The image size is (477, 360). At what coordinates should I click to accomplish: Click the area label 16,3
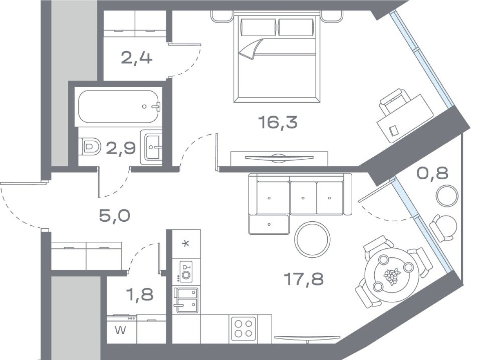coord(277,122)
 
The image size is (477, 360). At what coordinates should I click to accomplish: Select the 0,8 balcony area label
coord(432,173)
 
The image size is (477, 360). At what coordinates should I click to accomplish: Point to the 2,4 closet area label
coord(137,58)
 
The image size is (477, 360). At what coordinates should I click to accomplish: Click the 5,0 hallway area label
coord(115,214)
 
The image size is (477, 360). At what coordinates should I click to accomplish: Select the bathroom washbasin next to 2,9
coord(151,146)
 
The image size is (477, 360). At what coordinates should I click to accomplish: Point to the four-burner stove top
coord(243,328)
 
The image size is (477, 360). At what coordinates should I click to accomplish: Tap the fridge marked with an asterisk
coord(186,244)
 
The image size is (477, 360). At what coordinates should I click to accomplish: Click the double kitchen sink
coord(186,300)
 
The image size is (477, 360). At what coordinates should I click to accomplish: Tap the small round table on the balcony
coord(447,196)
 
